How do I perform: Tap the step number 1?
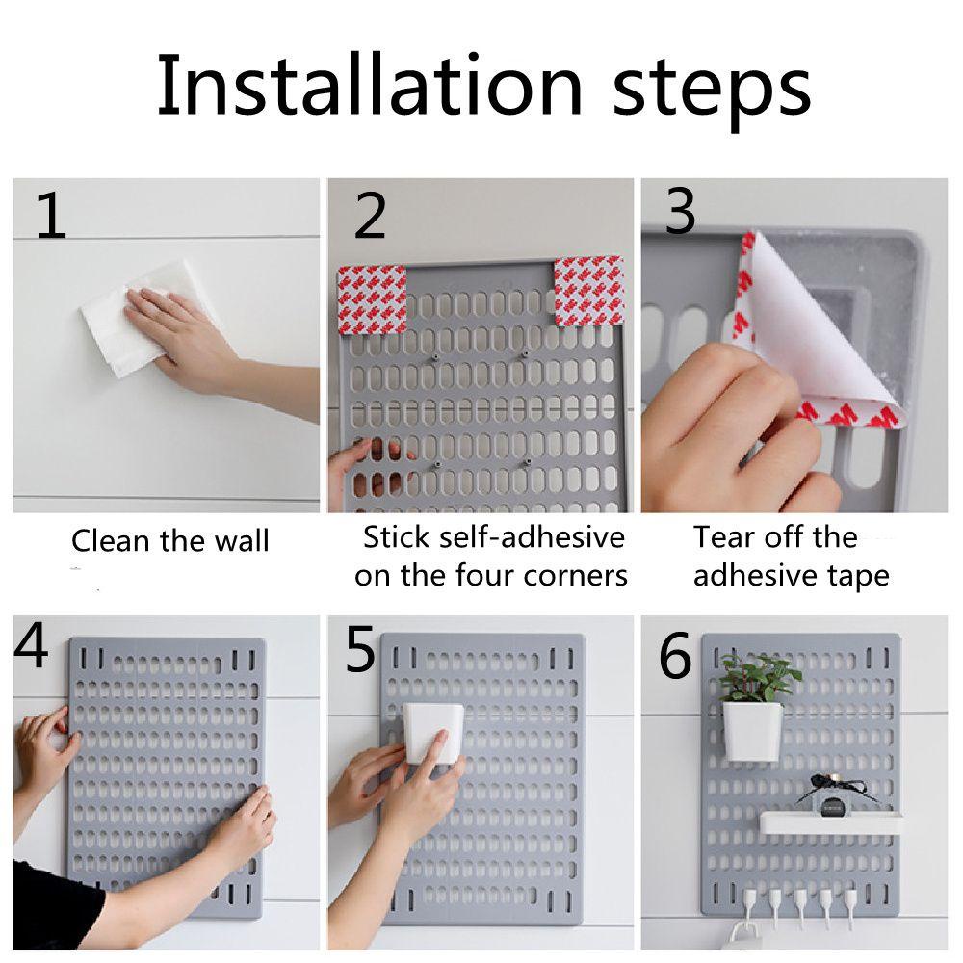click(51, 215)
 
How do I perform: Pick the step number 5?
click(360, 649)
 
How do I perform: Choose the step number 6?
click(675, 655)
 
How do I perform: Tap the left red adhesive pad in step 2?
click(372, 299)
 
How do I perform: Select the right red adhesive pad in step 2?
click(588, 291)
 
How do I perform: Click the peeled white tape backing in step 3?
click(817, 325)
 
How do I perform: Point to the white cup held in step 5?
click(432, 733)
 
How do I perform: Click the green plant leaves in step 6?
click(760, 677)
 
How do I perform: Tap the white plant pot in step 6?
click(752, 731)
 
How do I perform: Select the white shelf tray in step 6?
click(831, 822)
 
